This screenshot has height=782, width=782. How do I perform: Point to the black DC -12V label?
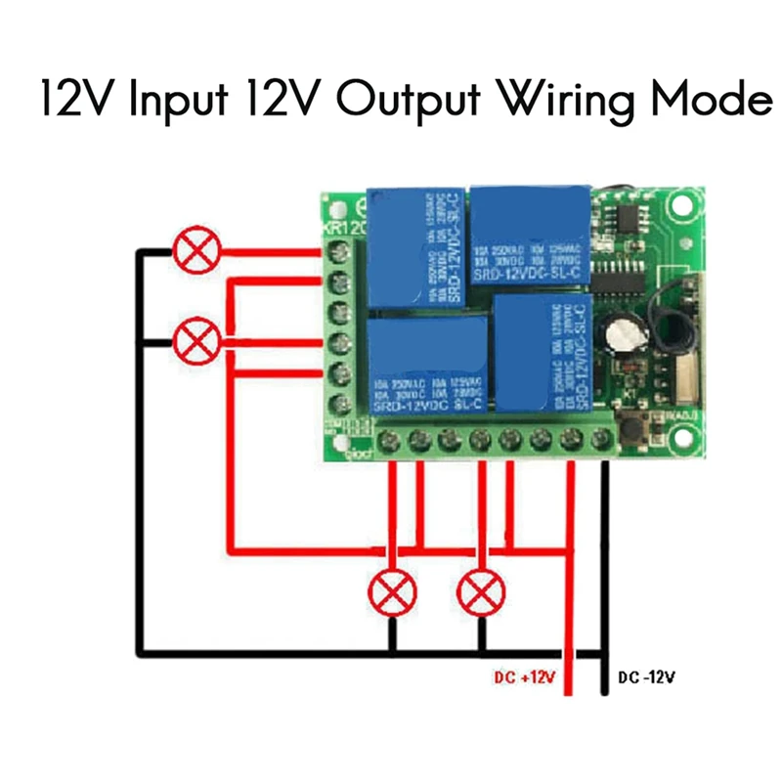click(x=646, y=678)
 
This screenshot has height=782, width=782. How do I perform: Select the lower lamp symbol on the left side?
click(x=195, y=341)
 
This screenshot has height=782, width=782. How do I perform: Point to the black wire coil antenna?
click(x=673, y=332)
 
